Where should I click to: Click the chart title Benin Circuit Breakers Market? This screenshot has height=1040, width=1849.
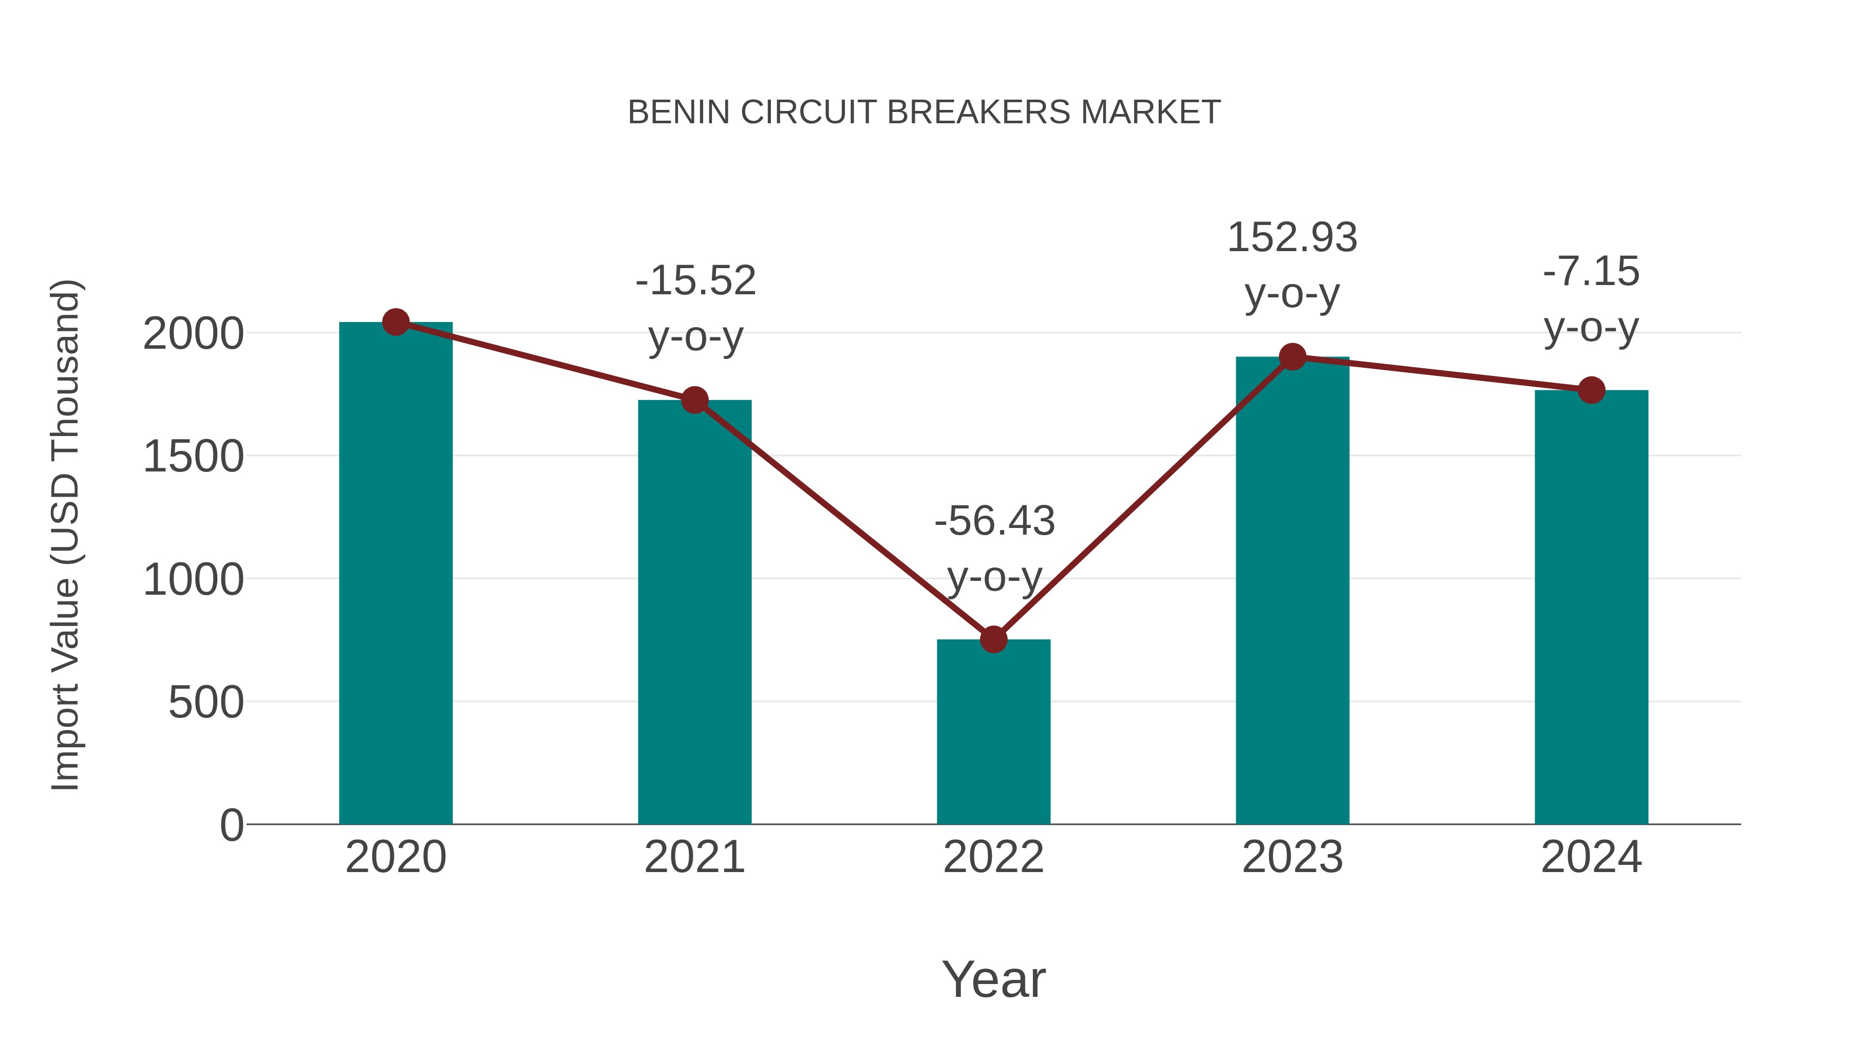point(924,112)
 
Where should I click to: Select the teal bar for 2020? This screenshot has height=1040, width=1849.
point(395,574)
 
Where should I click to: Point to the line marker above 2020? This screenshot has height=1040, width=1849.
point(395,322)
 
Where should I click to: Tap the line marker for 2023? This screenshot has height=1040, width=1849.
point(1292,357)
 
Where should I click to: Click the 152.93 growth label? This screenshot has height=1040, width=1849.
point(1292,238)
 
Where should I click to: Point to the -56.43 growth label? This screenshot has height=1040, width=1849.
point(994,521)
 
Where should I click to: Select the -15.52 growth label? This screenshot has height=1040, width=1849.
point(695,280)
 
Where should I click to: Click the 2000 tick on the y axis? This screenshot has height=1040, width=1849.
point(193,334)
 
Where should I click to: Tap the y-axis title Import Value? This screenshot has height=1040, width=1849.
point(66,535)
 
